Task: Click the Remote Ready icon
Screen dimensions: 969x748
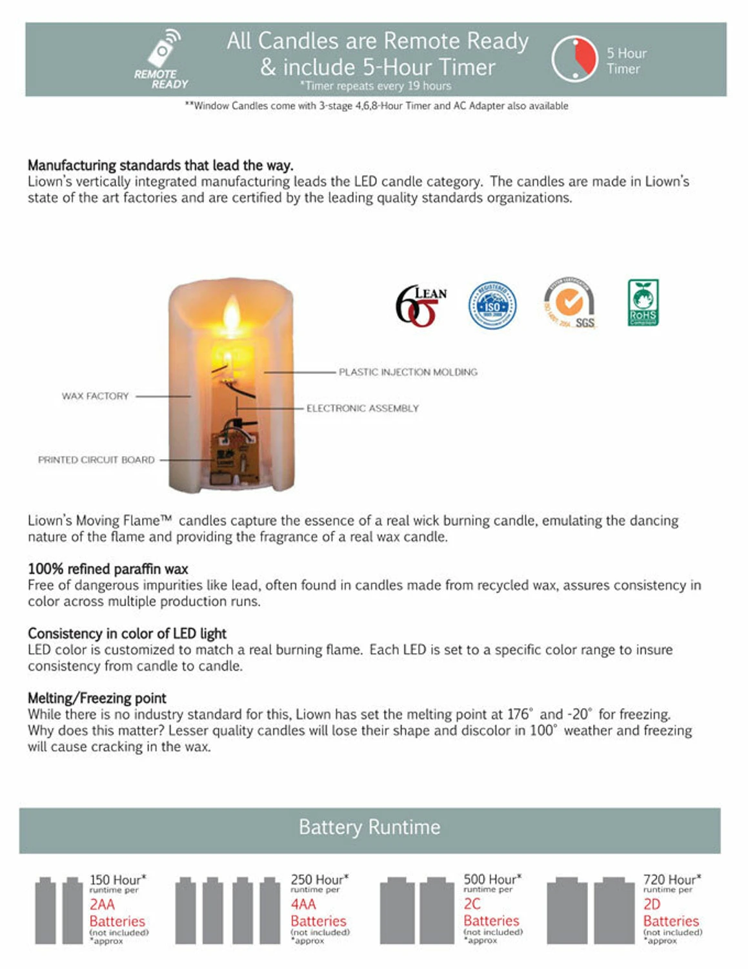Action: coord(162,59)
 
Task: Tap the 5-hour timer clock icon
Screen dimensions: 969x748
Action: coord(574,59)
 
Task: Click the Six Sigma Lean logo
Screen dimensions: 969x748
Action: coord(420,305)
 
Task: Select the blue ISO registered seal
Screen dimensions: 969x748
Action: coord(492,306)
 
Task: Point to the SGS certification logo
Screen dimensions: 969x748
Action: coord(569,303)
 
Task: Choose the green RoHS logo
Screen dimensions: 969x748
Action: coord(643,302)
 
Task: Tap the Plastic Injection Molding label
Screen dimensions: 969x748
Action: coord(408,372)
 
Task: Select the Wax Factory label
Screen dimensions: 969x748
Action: coord(95,396)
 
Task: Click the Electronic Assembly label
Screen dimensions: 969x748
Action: coord(362,408)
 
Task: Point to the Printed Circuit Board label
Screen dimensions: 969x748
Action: coord(96,460)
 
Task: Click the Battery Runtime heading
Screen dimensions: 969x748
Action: coord(369,828)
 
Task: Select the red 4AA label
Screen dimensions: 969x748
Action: coord(303,904)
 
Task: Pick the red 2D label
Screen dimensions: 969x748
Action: coord(652,904)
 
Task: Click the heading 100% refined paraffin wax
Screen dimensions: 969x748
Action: coord(108,569)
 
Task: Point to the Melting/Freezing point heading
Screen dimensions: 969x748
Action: coord(97,698)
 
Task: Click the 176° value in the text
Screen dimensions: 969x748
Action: coord(520,714)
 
